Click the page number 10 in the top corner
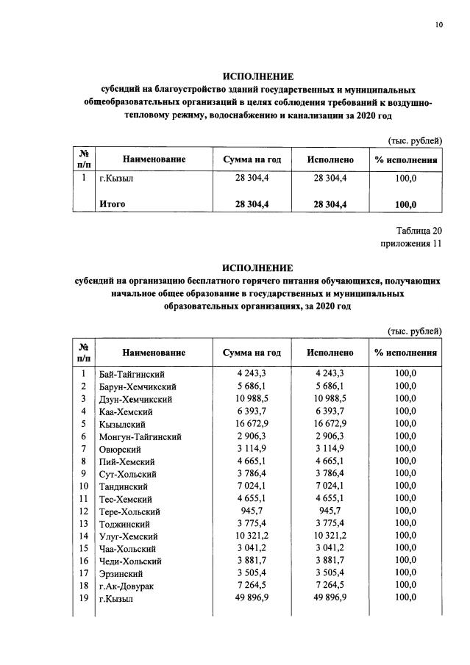coord(438,25)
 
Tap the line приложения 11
coord(411,244)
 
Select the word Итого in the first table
coord(113,204)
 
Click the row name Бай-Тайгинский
coord(132,375)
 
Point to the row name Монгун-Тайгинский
coord(140,436)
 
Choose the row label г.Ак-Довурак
coord(126,586)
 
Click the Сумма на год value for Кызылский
coord(252,424)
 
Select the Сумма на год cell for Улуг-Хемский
coord(252,536)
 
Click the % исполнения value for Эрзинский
coord(405,573)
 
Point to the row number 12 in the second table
coord(84,511)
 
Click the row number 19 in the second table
coord(84,598)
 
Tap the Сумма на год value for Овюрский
coord(252,449)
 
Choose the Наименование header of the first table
coord(154,159)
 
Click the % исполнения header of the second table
coord(405,353)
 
